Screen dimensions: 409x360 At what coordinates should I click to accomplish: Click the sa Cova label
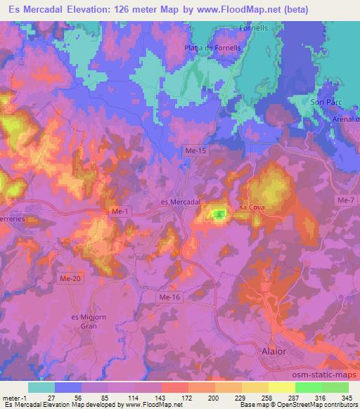click(252, 207)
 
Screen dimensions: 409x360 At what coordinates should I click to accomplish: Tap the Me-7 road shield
click(345, 201)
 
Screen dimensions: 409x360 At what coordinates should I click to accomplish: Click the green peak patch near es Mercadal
click(219, 214)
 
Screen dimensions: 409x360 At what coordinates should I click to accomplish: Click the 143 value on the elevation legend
click(161, 397)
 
